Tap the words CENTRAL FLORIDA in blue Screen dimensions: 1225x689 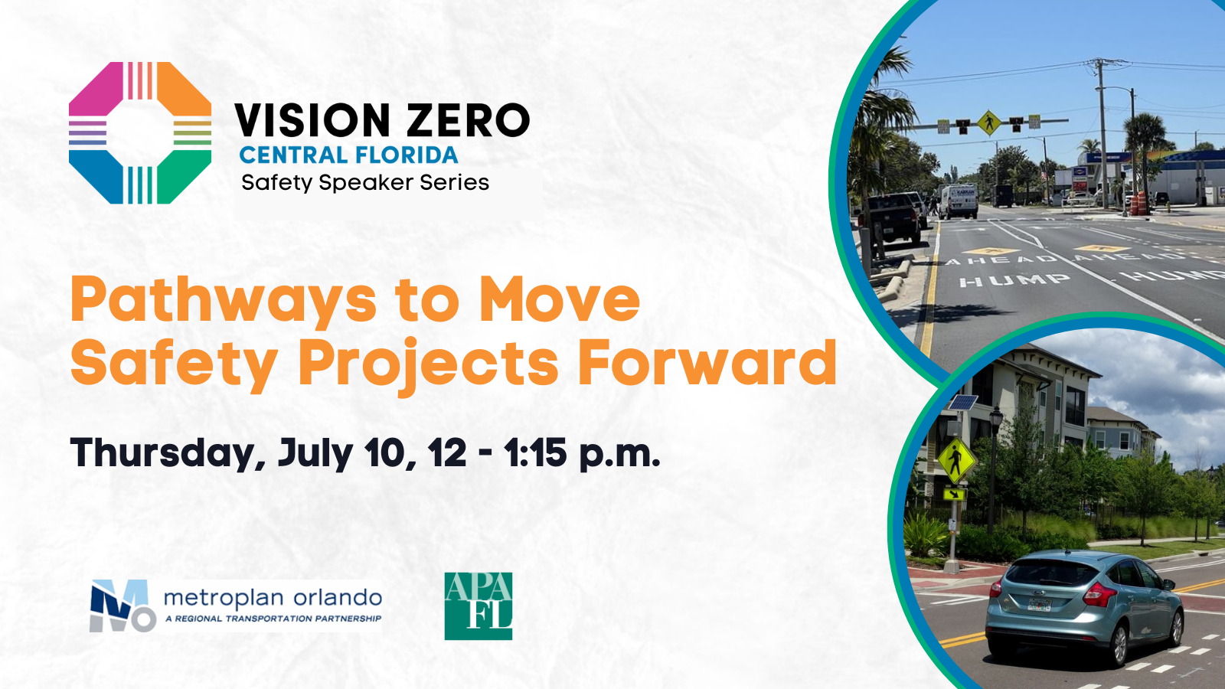click(x=348, y=155)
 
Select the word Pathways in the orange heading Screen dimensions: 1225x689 click(x=224, y=301)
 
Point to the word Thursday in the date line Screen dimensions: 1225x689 click(x=168, y=454)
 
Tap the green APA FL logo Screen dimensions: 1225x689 click(x=478, y=606)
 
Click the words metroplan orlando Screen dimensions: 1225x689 click(x=273, y=598)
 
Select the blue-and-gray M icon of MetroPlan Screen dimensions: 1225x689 click(x=122, y=606)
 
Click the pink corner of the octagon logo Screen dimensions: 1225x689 click(x=95, y=89)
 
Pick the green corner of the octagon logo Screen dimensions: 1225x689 click(x=185, y=177)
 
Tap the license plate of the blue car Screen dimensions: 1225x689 click(x=1039, y=604)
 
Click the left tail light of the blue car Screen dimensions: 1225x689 click(x=995, y=589)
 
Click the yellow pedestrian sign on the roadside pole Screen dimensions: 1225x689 click(x=956, y=460)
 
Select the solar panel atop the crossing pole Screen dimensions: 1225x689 click(x=962, y=403)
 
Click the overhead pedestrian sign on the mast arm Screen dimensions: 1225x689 click(x=988, y=122)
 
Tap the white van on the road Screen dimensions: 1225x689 click(x=959, y=201)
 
